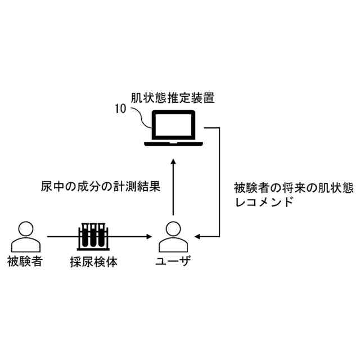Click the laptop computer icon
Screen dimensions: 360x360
click(x=173, y=129)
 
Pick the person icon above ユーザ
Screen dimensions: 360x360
click(x=172, y=237)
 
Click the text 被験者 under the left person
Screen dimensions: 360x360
click(x=25, y=262)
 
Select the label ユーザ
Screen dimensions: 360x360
click(x=173, y=262)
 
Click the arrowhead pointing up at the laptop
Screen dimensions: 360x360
click(x=173, y=161)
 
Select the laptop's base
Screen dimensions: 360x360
click(x=173, y=143)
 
